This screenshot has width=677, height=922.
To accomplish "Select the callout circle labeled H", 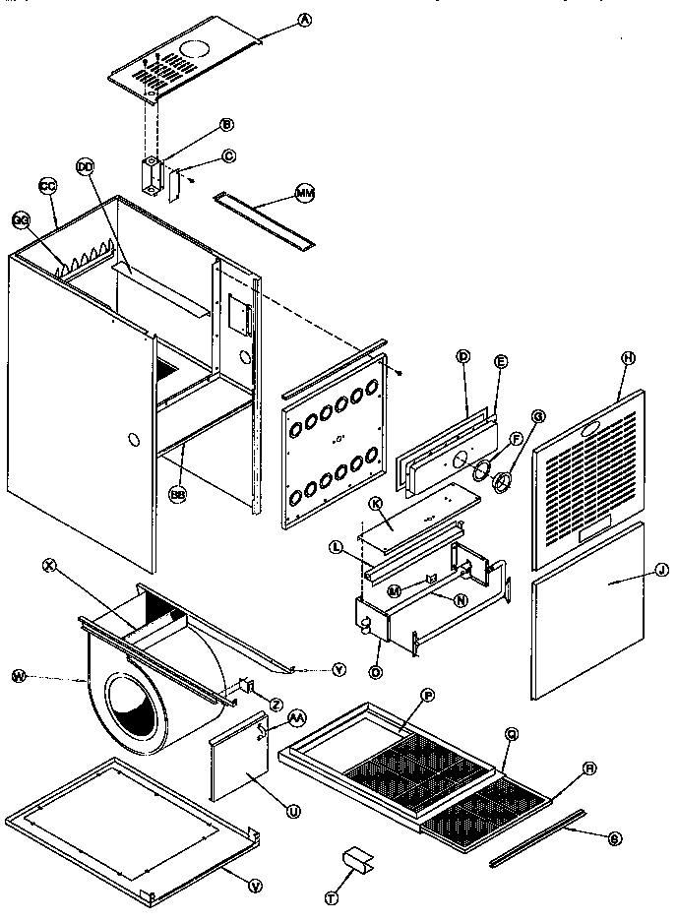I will pyautogui.click(x=626, y=358).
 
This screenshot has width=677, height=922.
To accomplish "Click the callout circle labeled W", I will pyautogui.click(x=19, y=675).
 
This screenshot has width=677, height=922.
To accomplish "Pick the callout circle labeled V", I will pyautogui.click(x=256, y=886).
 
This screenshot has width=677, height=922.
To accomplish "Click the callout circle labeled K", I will pyautogui.click(x=375, y=504).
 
